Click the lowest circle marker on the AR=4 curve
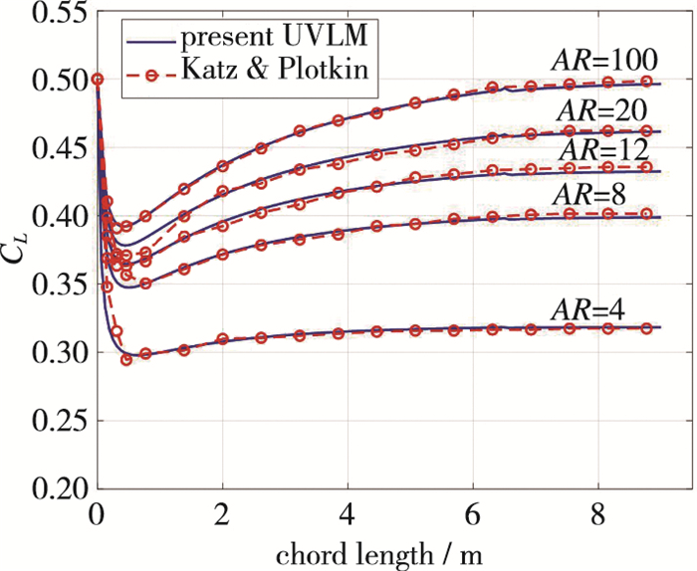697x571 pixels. [126, 359]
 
